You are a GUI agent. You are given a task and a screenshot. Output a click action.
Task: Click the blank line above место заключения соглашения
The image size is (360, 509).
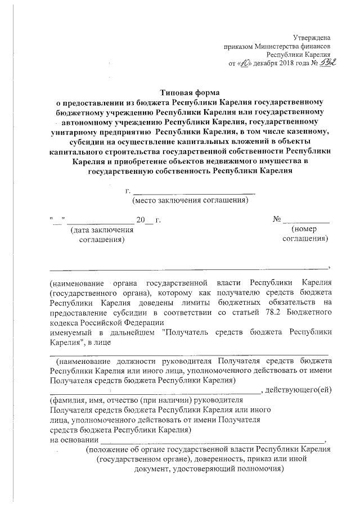coord(193,192)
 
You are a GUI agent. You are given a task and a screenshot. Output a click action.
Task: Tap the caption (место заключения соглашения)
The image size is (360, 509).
coord(190,200)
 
